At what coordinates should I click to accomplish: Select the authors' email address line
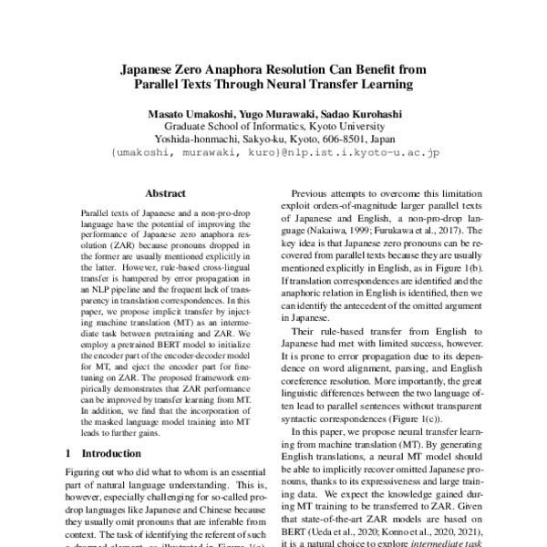[274, 154]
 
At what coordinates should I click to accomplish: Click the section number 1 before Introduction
[70, 452]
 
